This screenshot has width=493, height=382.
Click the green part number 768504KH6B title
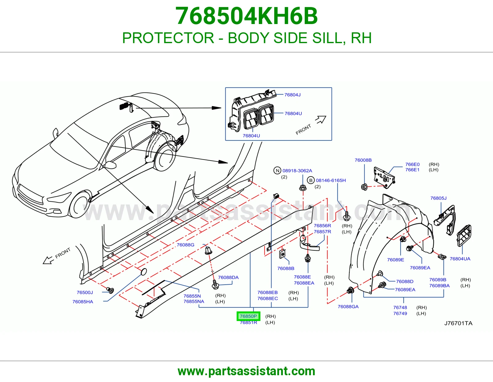point(246,16)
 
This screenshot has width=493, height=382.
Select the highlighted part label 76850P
point(248,316)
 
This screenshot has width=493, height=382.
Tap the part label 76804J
point(292,95)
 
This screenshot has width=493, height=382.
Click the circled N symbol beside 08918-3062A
point(277,171)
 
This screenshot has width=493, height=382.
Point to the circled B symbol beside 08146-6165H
point(311,180)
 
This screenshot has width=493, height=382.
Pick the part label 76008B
point(363,160)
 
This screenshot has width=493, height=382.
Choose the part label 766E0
point(413,164)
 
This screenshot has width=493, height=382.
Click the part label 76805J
point(438,198)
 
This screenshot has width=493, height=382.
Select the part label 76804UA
point(460,259)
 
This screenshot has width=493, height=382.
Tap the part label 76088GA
point(348,307)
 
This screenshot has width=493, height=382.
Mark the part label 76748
point(400,307)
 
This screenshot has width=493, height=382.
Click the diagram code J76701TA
point(458,323)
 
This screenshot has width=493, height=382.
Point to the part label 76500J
point(85,292)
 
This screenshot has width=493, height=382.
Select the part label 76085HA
point(83,302)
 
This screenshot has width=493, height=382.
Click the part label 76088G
point(185,245)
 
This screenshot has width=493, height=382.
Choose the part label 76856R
point(322,226)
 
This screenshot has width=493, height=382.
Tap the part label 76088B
point(286,268)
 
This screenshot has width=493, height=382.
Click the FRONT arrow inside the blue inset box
point(321,120)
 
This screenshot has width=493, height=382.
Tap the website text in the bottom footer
point(246,371)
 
